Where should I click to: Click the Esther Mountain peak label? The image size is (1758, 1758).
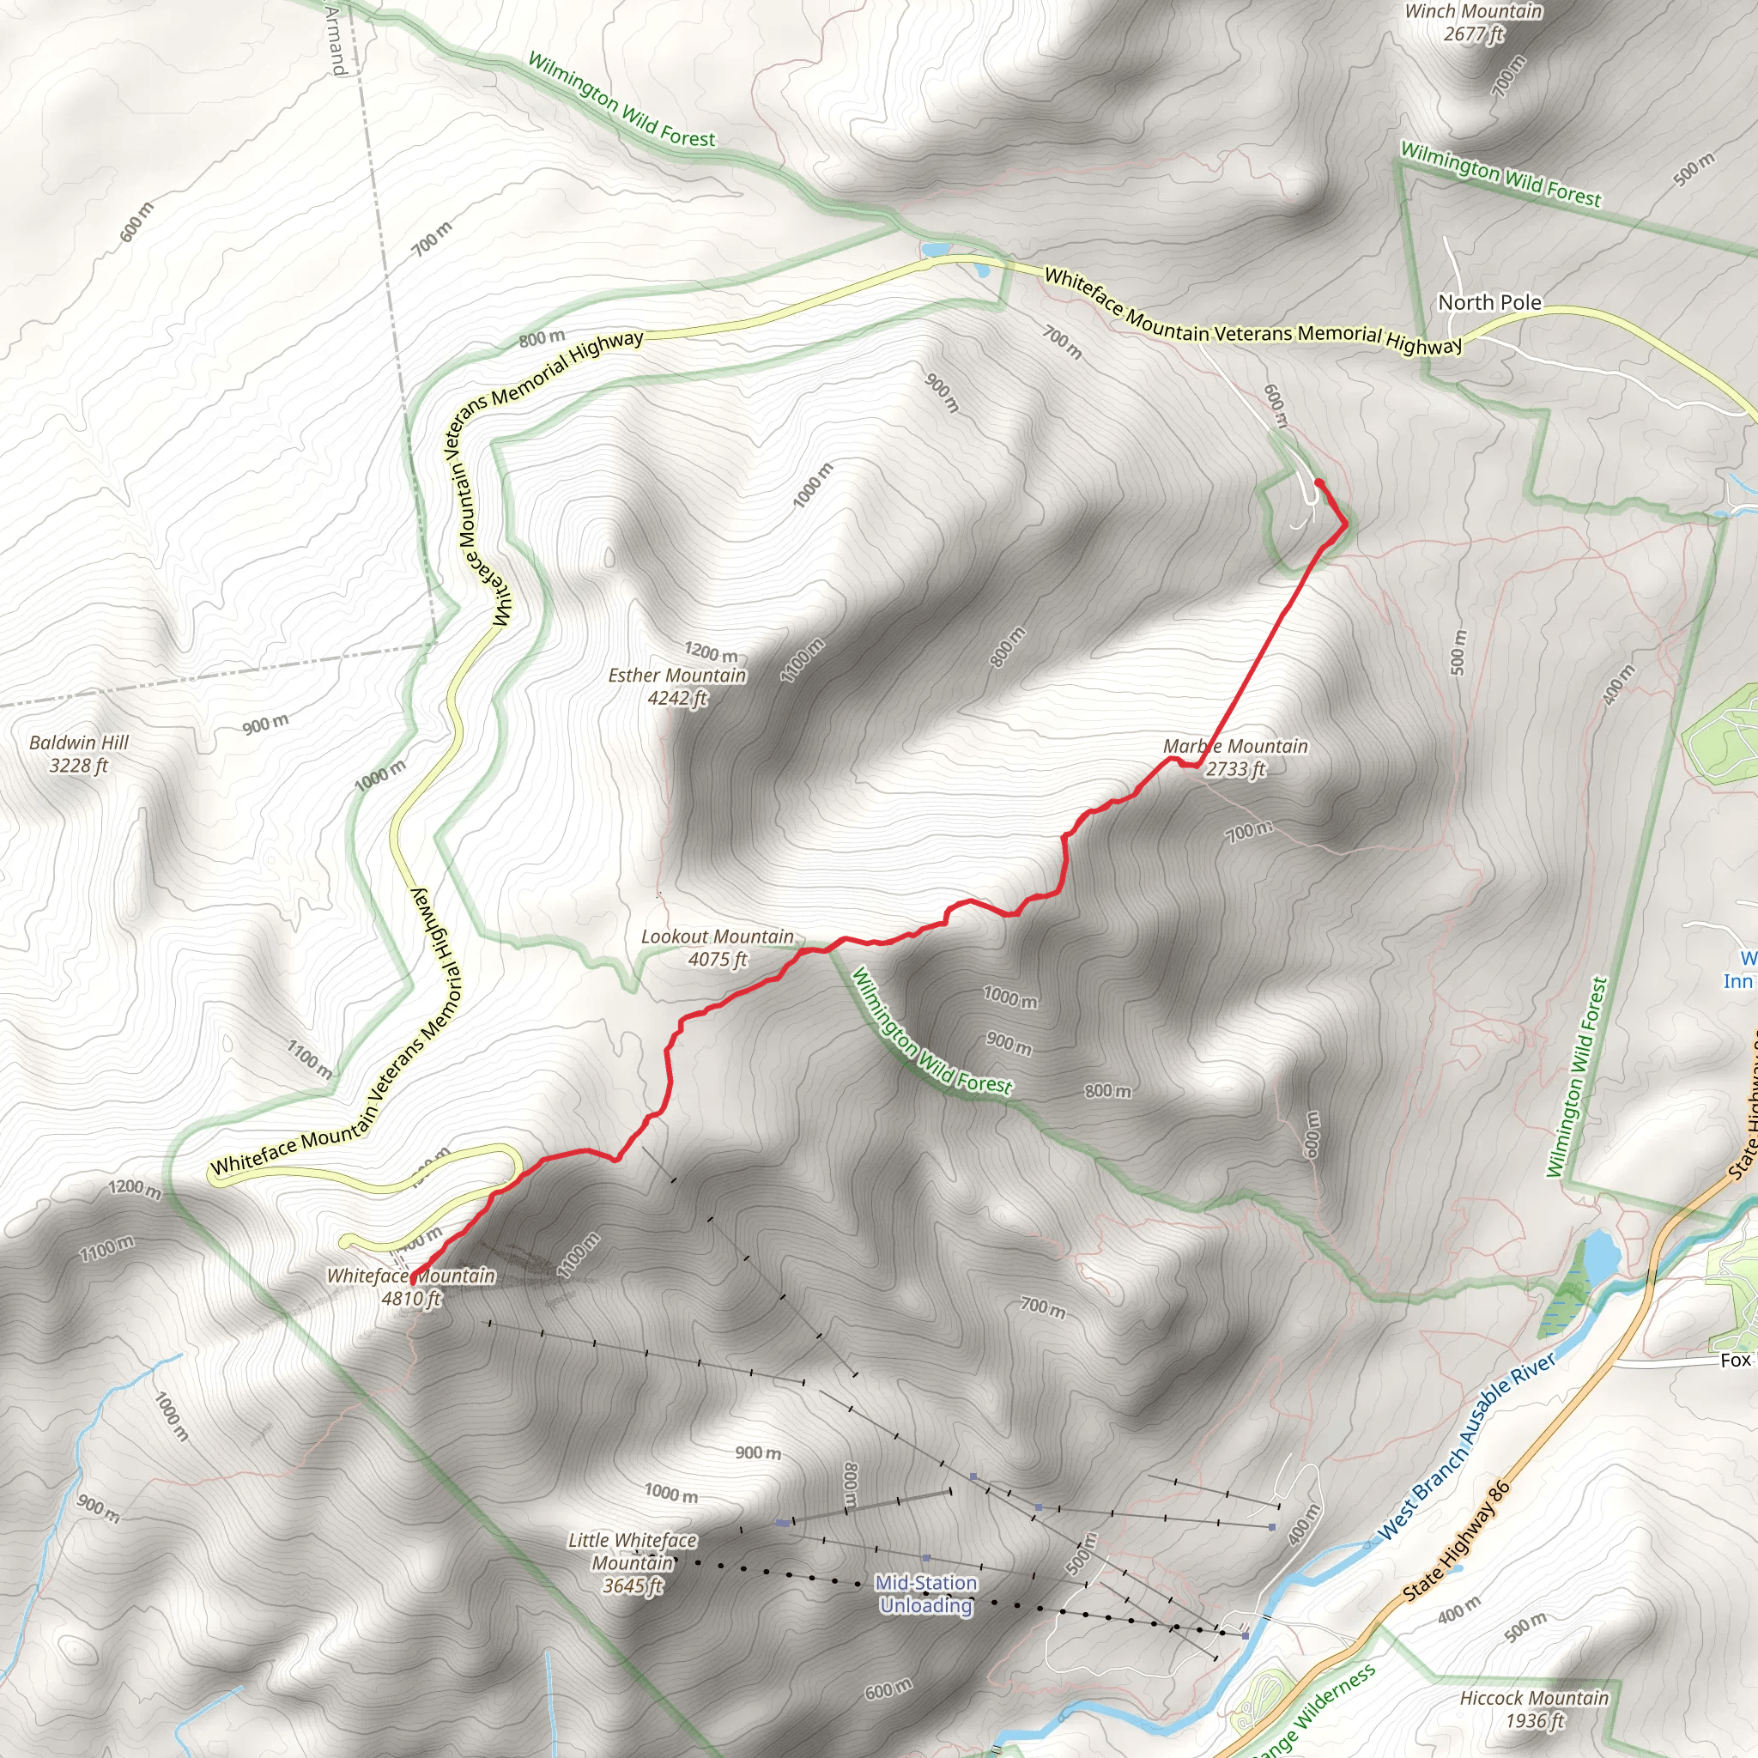point(677,676)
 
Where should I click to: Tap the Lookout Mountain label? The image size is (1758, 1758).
point(717,937)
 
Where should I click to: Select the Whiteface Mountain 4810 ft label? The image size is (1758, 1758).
point(411,1287)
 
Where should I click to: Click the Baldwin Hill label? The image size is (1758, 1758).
point(79,743)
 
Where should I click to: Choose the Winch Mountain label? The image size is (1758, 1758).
point(1473,12)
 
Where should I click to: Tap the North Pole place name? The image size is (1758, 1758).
point(1489,302)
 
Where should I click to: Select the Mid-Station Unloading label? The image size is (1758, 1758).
point(926,1593)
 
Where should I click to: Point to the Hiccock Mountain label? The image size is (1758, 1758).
point(1534,1697)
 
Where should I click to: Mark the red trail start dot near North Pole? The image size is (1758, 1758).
point(1318,482)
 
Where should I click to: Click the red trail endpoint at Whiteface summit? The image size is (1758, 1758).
point(412,1282)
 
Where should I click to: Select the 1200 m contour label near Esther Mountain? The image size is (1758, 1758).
point(712,652)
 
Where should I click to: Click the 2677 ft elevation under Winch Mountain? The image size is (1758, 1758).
point(1473,34)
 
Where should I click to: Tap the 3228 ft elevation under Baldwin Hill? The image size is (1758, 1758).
point(78,765)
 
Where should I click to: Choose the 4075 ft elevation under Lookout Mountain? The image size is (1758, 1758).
point(718,959)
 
